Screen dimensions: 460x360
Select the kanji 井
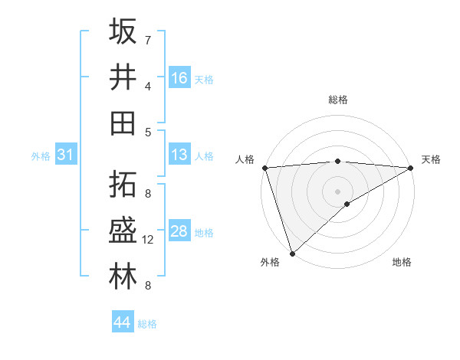tap(123, 77)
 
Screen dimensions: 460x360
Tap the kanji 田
tap(123, 123)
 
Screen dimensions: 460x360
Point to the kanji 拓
tap(123, 185)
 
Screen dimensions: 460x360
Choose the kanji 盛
tap(123, 231)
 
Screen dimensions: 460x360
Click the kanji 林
tap(123, 277)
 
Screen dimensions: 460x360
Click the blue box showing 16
tap(179, 78)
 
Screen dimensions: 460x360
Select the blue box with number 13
tap(179, 155)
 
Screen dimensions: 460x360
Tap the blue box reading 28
tap(179, 232)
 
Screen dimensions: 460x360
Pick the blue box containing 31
tap(66, 155)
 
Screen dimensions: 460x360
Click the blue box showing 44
tap(123, 322)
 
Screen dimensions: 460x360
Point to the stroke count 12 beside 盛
tap(148, 240)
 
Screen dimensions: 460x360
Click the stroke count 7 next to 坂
tap(148, 40)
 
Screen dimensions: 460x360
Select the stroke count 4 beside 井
tap(148, 86)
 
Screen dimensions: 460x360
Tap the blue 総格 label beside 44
tap(147, 324)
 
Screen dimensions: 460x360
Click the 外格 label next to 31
tap(41, 156)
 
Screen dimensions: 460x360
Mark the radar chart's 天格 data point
tap(411, 168)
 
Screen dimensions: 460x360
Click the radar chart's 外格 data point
tap(292, 253)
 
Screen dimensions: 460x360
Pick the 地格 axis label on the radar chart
tap(402, 262)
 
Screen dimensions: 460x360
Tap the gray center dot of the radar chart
tap(337, 190)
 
